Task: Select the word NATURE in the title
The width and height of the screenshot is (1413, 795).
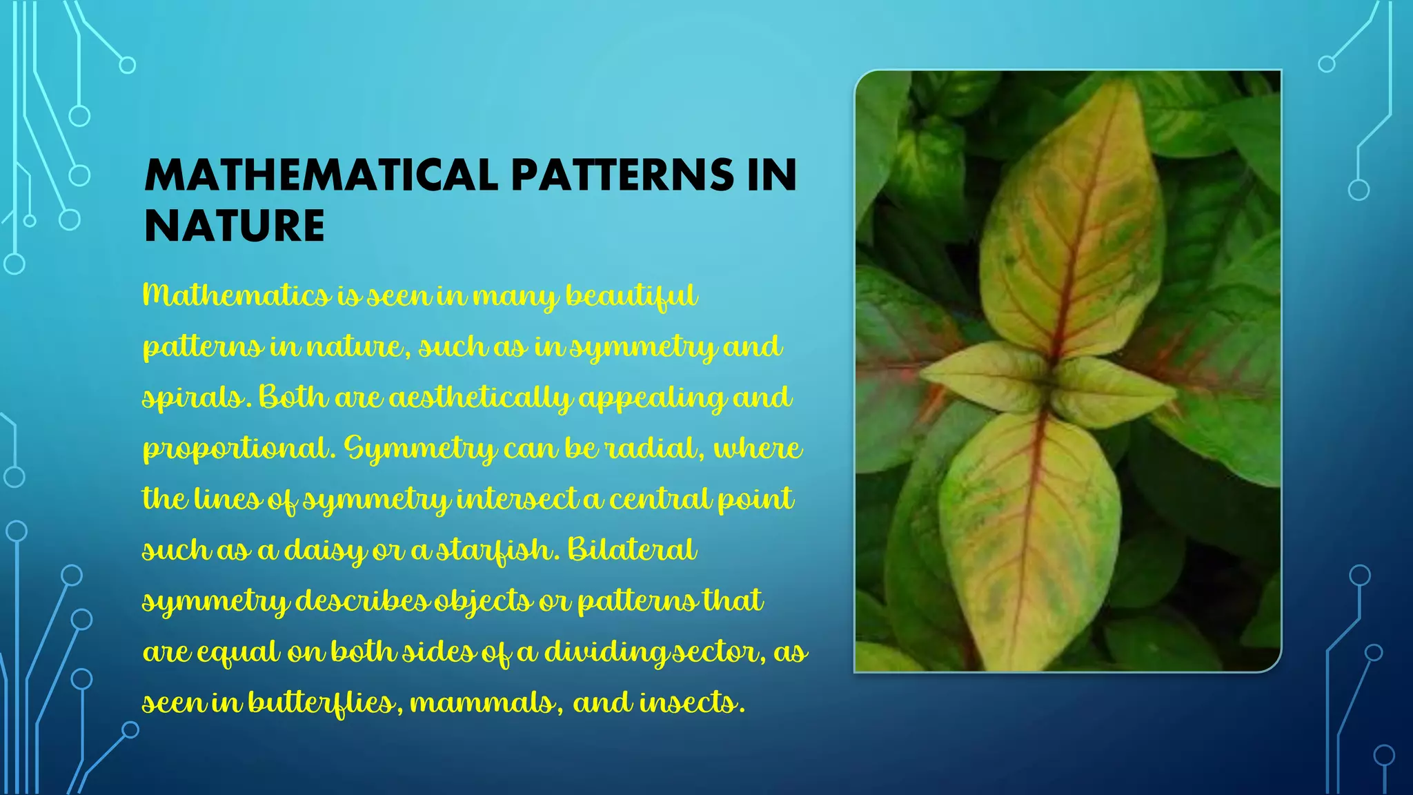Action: click(235, 226)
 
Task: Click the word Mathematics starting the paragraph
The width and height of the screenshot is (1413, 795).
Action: click(236, 295)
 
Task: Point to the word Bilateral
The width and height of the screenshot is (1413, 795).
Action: click(632, 550)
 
